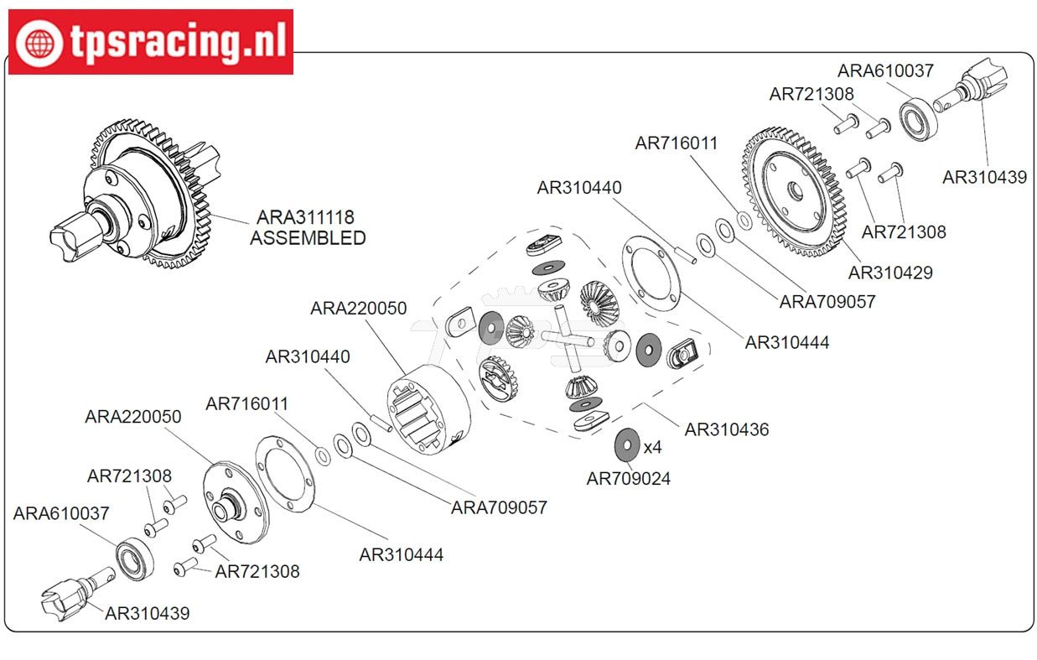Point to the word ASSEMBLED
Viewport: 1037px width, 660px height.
coord(308,238)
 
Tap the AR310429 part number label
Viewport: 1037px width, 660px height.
coord(889,273)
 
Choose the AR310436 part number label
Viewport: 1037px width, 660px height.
coord(726,429)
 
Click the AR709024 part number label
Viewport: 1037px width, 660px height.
coord(628,479)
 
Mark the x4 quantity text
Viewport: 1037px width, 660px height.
coord(652,447)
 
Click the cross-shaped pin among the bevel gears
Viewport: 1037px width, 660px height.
coord(568,339)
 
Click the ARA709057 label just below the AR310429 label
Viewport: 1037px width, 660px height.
coord(827,302)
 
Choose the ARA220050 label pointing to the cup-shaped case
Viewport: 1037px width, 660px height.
coord(358,308)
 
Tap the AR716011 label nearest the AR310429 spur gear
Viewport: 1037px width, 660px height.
coord(676,143)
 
